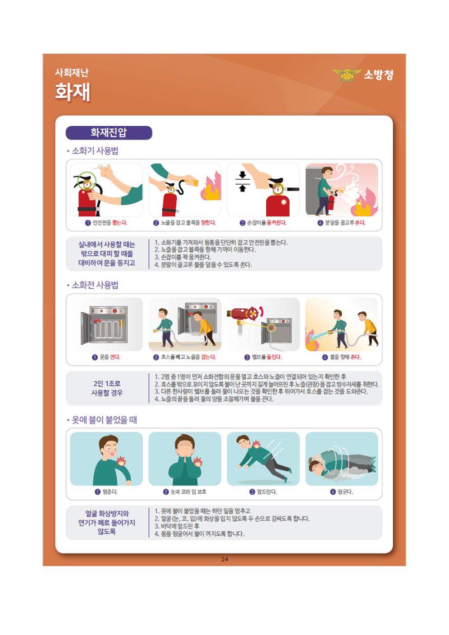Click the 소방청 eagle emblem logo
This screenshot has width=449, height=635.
coord(347,75)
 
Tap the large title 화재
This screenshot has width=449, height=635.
coord(72,92)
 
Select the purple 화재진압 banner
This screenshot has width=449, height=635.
coord(109,133)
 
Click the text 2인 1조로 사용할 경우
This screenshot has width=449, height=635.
coord(107,388)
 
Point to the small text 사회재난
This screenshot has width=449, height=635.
coord(72,72)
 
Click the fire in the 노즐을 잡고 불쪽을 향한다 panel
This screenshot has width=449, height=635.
coord(211,186)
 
